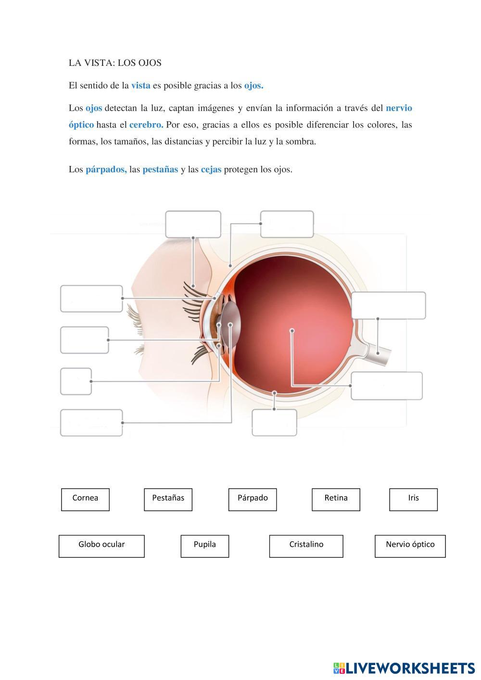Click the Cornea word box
85,499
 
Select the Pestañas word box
168,499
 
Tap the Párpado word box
253,499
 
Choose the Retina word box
336,499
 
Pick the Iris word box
413,499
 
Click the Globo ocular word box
101,546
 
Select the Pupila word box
204,546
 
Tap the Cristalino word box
306,546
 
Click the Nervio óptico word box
410,546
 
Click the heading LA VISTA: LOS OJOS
115,63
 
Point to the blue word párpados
106,170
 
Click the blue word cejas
211,170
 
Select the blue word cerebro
146,125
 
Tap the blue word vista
140,86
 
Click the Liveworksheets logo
404,667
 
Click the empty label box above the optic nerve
388,305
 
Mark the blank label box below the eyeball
274,423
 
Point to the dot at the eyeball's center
292,330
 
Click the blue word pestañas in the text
160,170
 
